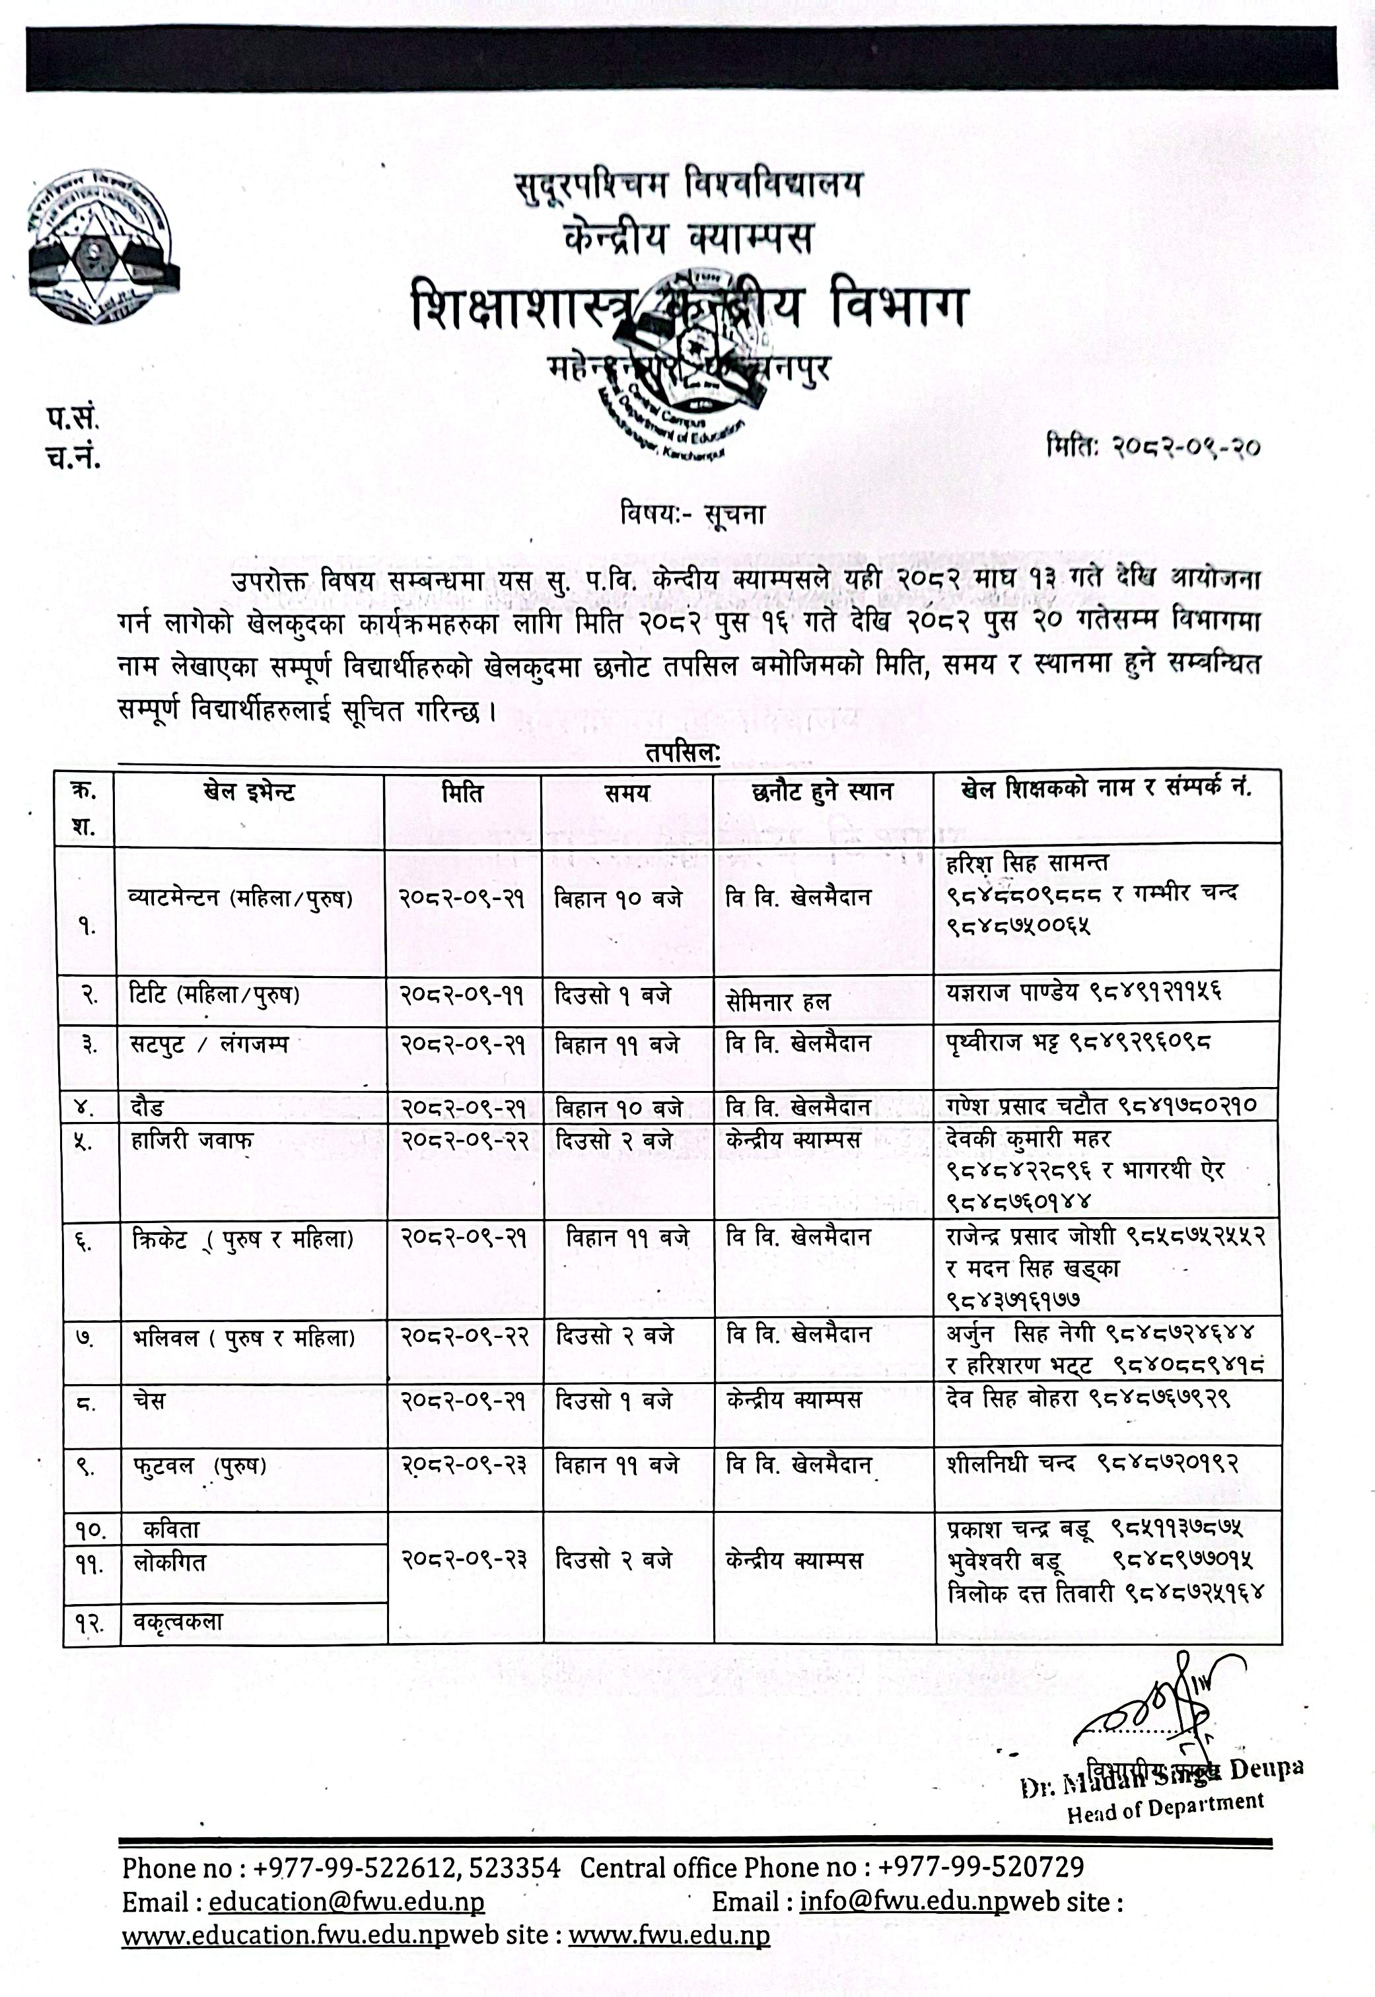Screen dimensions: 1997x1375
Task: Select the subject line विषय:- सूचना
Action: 692,515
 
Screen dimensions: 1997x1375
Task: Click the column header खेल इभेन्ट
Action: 250,792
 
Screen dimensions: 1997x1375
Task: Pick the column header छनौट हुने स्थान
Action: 822,792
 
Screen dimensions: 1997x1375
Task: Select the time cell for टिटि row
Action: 613,995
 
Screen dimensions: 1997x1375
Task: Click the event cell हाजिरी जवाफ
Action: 192,1140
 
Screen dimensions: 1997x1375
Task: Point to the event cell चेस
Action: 149,1401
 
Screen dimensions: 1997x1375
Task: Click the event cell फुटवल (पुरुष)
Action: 198,1465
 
